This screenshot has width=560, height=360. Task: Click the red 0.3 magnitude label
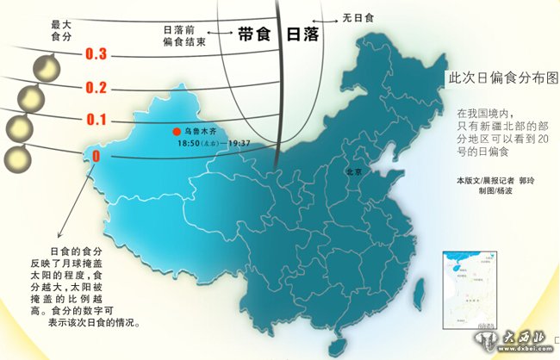96,54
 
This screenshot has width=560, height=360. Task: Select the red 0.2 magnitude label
96,87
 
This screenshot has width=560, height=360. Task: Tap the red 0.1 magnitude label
96,121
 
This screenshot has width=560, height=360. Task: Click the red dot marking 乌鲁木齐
176,132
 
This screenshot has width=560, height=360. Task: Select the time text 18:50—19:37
214,143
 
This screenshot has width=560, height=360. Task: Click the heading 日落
302,34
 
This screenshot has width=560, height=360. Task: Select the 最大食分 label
59,32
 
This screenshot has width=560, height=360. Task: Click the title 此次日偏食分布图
503,78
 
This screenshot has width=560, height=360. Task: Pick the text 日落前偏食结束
185,35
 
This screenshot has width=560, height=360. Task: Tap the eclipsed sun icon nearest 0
16,158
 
